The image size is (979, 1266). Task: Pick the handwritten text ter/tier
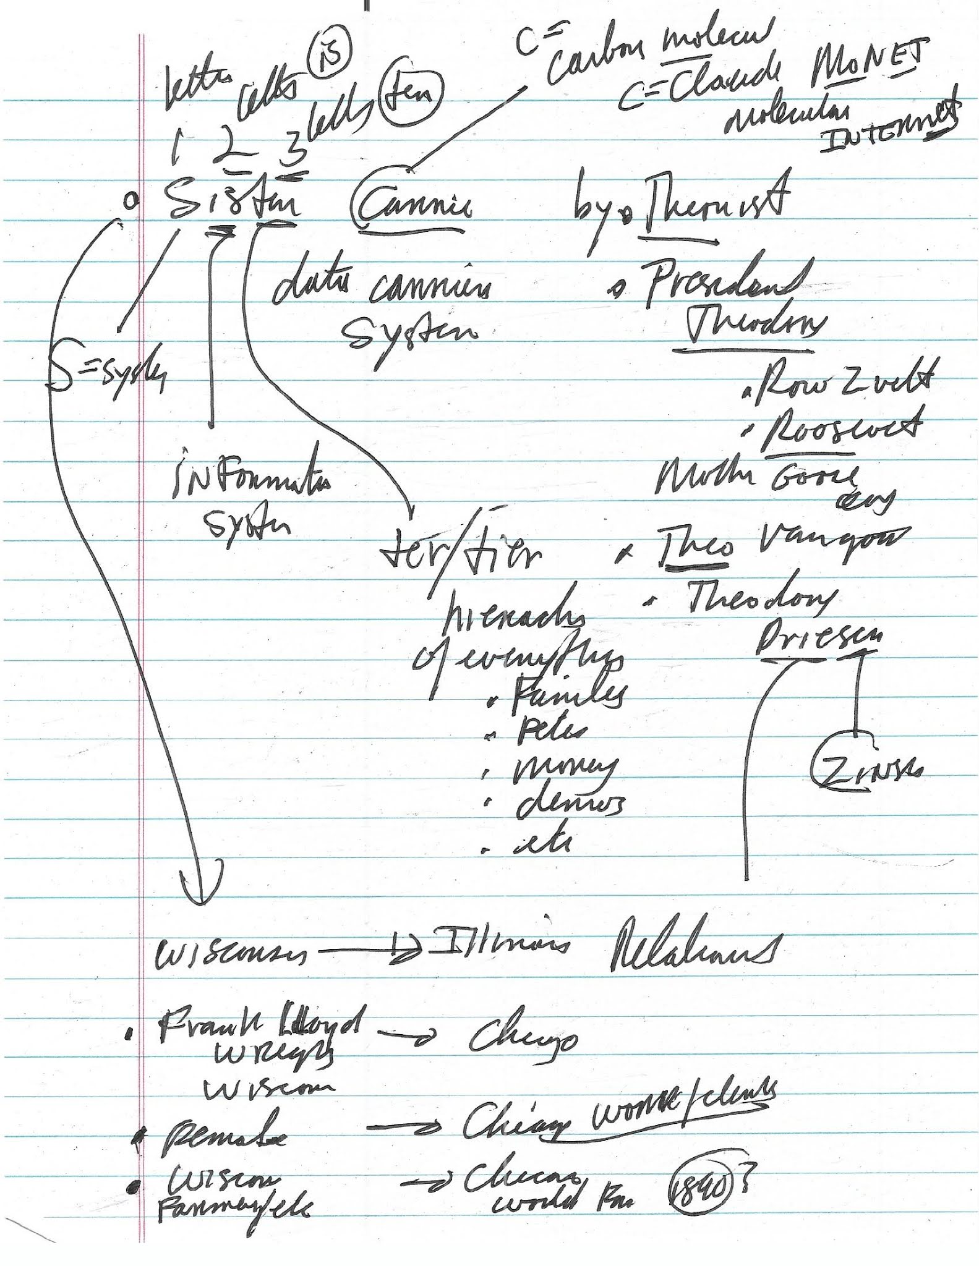pos(461,550)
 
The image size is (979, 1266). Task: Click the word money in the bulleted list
pos(560,770)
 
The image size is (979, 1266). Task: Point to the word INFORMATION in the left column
pos(250,479)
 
